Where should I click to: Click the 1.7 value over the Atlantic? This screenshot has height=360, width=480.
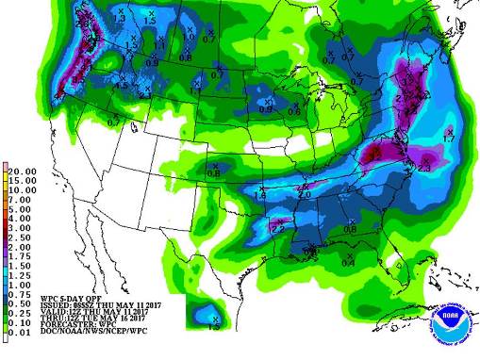pos(448,139)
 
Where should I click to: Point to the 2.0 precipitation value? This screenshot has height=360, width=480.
pos(305,194)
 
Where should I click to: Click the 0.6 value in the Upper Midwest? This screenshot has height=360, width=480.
pos(294,113)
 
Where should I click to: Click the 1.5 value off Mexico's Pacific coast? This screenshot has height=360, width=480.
pos(213,325)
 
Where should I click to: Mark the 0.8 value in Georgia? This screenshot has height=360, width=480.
pos(350,229)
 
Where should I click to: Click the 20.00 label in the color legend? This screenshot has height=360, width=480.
pos(22,172)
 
